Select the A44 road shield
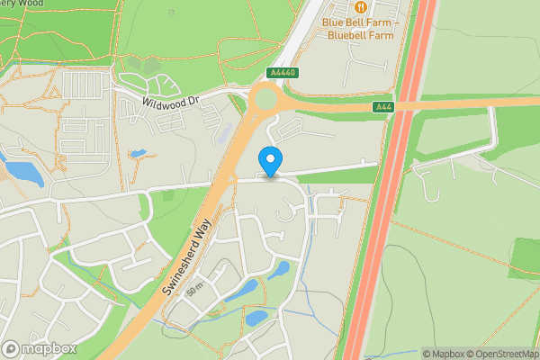382,107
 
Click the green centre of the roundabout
267,98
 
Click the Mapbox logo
39,348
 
